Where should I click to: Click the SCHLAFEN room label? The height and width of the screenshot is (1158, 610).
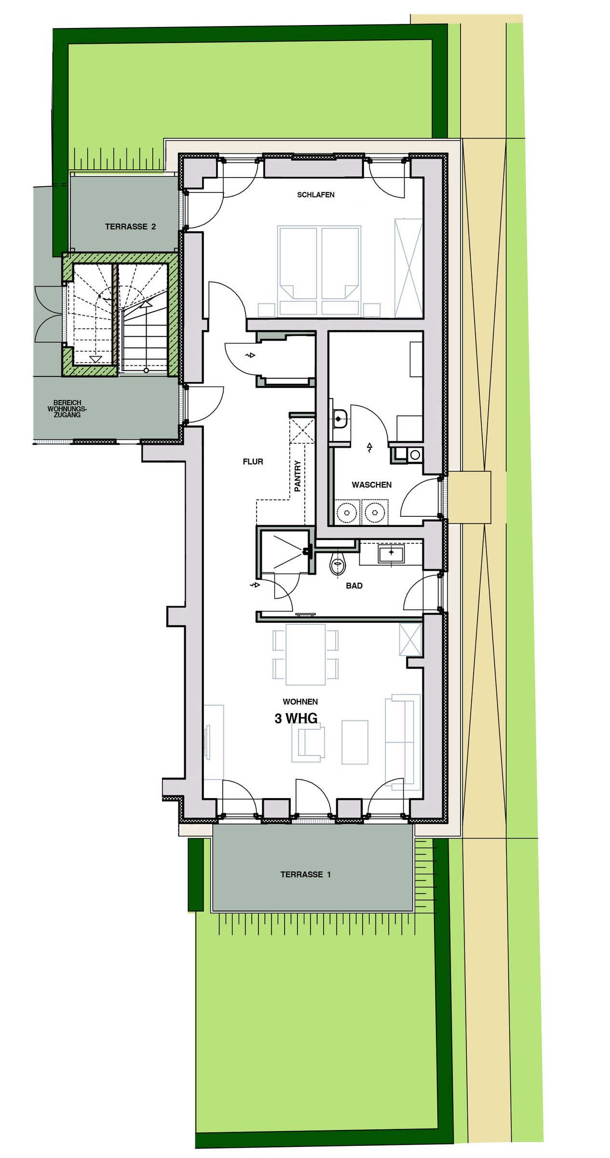[x=316, y=195]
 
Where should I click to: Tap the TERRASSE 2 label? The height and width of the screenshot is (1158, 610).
[x=130, y=226]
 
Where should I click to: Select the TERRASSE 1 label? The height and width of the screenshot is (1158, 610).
[x=306, y=874]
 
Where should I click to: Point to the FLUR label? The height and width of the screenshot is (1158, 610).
[x=253, y=462]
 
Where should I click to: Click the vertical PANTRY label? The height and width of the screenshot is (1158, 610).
[x=298, y=476]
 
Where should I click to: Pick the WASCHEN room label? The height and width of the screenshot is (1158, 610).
[x=371, y=485]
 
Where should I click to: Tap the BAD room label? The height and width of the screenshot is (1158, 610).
[x=354, y=586]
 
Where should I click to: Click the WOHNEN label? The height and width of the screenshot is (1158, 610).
[x=300, y=702]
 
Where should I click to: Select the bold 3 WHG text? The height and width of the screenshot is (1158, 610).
[x=296, y=718]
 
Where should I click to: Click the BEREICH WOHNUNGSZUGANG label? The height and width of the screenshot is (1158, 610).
[x=67, y=408]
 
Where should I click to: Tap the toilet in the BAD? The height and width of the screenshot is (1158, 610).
[x=337, y=564]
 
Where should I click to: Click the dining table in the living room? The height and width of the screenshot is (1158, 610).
[x=306, y=654]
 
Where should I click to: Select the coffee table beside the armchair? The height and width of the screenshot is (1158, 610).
[x=355, y=742]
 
